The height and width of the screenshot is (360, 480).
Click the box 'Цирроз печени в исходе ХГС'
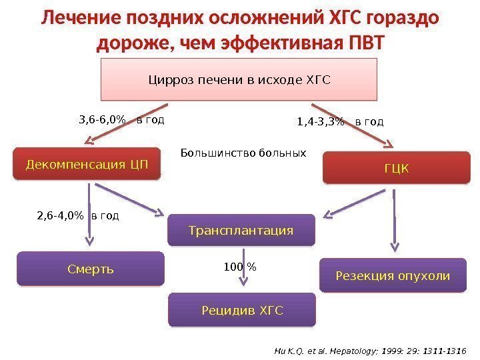pos(239,79)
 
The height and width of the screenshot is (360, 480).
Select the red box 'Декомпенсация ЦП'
pos(87,164)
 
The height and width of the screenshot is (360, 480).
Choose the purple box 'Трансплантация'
pos(241,230)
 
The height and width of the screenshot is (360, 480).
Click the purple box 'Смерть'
pos(90,269)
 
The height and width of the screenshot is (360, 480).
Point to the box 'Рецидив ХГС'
pos(242,310)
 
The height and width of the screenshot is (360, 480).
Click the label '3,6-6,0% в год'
pos(121,121)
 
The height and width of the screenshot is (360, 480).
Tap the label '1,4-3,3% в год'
pos(340,122)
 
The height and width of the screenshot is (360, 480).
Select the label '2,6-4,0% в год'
pos(77,215)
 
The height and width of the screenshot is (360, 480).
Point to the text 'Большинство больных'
pos(243,153)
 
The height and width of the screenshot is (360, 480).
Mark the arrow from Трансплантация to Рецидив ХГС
pos(246,269)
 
